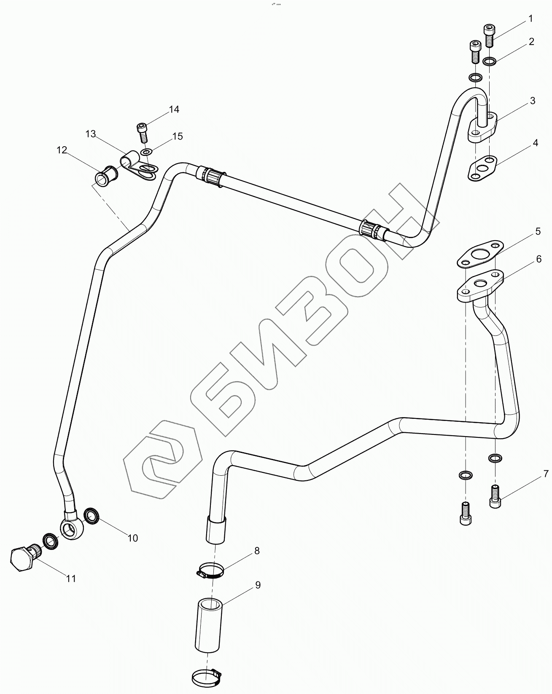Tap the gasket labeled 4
482,169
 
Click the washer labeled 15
146,152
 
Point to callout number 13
90,134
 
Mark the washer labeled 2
490,62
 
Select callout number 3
533,101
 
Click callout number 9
258,585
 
